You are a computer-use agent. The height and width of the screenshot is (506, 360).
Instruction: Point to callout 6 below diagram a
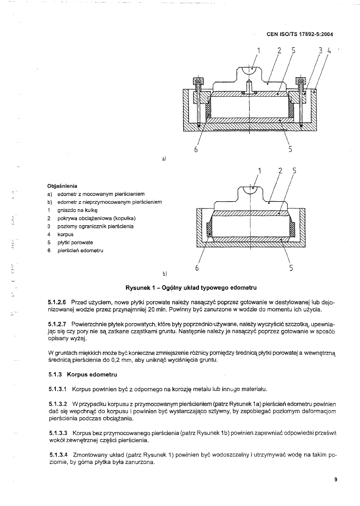196,149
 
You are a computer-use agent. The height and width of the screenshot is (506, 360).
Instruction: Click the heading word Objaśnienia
62,186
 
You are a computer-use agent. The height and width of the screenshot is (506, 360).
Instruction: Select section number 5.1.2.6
57,303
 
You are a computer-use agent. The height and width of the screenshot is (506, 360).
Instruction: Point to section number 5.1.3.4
58,454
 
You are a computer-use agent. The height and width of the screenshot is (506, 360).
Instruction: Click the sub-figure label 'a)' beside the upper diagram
164,159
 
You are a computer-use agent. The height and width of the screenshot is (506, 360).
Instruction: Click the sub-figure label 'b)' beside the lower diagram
164,274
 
